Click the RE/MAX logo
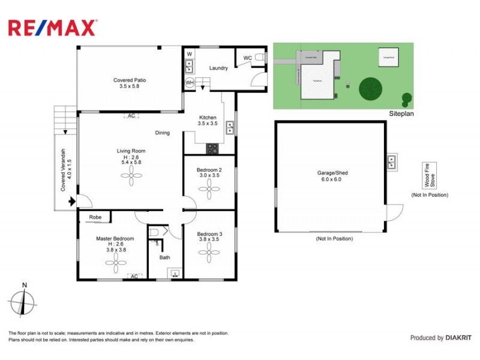[x=52, y=27]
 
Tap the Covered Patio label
[x=130, y=83]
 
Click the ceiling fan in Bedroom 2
[x=209, y=191]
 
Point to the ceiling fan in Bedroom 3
[x=209, y=253]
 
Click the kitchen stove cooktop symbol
[x=213, y=148]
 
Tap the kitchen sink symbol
[x=230, y=127]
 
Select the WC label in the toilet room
[x=247, y=58]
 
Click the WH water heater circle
[x=189, y=82]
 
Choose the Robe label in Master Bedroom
[x=95, y=217]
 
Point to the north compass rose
[x=23, y=302]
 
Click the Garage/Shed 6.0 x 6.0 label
[x=332, y=176]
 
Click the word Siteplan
[x=398, y=113]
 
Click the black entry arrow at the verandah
[x=73, y=203]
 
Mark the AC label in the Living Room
[x=130, y=116]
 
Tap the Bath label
[x=164, y=257]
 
